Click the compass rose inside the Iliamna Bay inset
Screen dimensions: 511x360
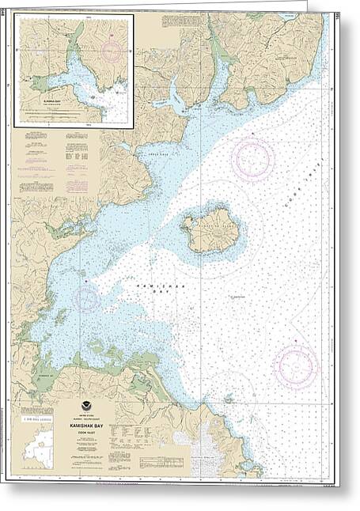tap(111, 51)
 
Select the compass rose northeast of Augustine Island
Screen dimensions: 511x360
tap(253, 160)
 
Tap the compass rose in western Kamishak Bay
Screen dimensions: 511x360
tap(86, 298)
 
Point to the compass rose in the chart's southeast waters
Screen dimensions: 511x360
tap(296, 365)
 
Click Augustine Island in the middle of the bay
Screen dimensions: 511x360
tap(210, 231)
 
